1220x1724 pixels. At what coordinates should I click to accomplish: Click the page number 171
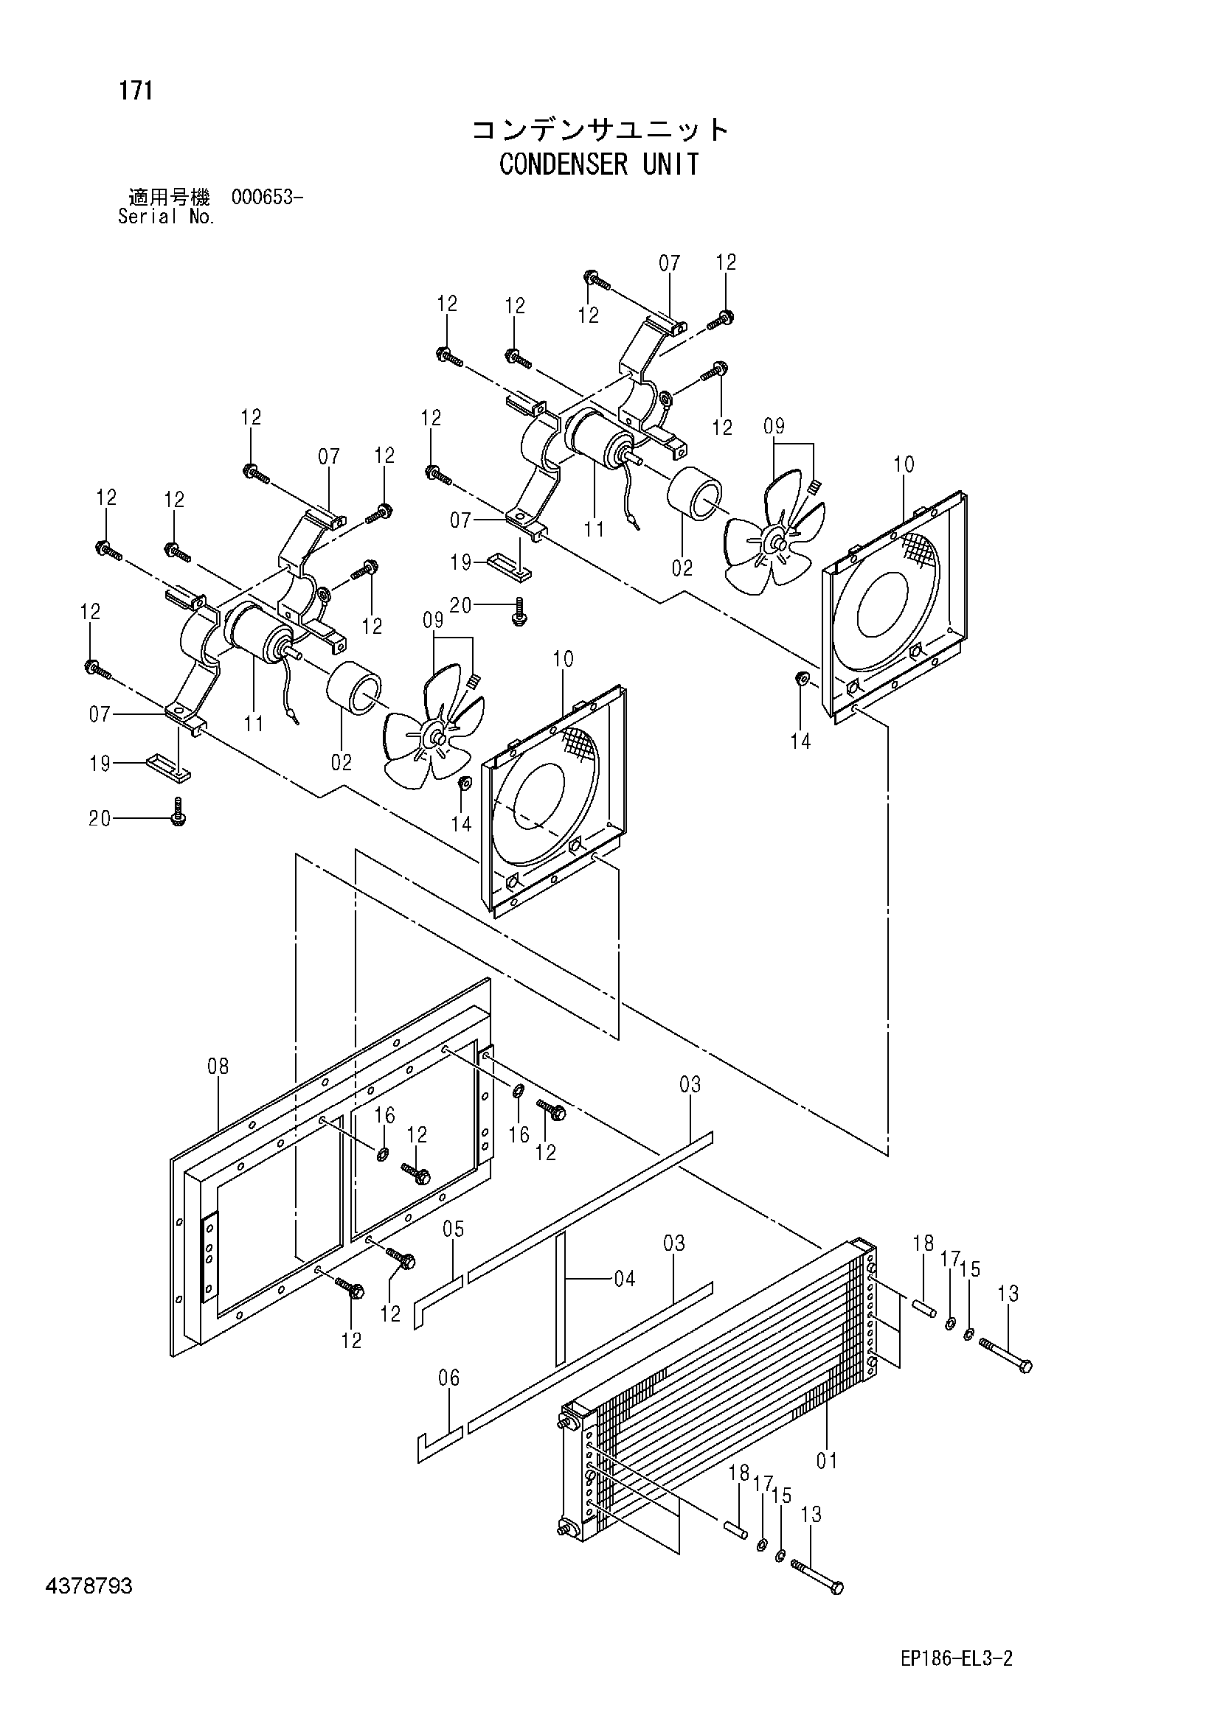(135, 91)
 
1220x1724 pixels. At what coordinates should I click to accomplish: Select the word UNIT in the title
(670, 164)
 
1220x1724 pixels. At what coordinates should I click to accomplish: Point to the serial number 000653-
(268, 198)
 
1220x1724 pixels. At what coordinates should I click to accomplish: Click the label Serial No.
(167, 217)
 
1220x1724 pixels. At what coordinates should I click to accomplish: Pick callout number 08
(218, 1067)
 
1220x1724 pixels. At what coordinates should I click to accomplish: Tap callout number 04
(624, 1278)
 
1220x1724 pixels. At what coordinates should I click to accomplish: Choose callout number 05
(454, 1229)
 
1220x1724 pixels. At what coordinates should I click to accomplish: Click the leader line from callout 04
(590, 1278)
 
